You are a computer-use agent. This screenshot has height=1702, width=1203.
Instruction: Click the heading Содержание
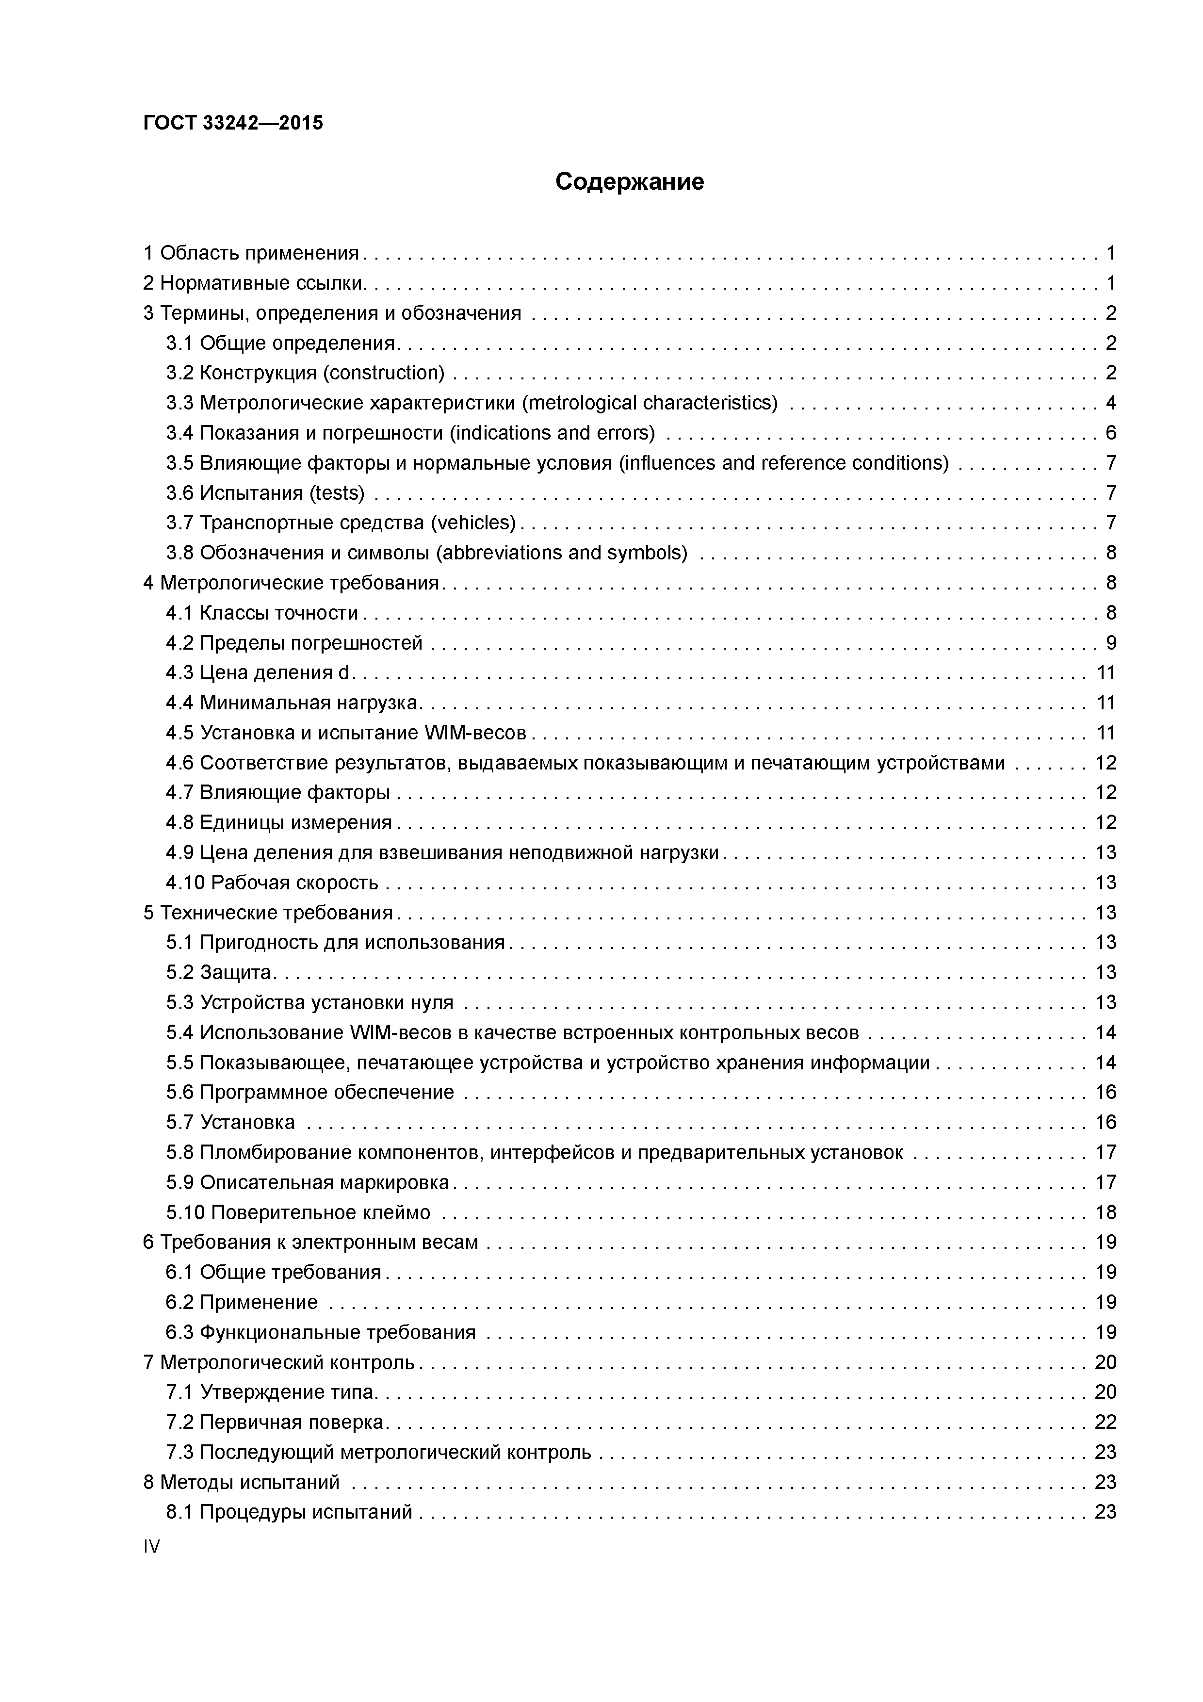click(x=629, y=181)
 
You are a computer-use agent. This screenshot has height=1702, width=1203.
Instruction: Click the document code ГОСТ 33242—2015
click(x=233, y=122)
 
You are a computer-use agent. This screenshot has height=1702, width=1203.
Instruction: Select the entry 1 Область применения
click(x=250, y=254)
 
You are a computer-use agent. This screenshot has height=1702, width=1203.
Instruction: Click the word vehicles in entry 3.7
click(x=473, y=524)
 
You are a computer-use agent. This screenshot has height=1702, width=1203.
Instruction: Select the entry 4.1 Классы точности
click(x=261, y=613)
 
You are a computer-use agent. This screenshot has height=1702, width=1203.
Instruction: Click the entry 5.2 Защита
click(x=219, y=973)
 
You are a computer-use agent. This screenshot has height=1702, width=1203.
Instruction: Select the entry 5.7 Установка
click(x=230, y=1122)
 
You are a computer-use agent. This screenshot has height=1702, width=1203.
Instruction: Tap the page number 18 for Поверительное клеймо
click(x=1105, y=1213)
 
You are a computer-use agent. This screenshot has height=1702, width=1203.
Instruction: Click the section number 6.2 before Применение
click(x=179, y=1302)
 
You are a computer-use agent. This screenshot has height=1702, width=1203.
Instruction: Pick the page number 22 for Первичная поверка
click(x=1105, y=1423)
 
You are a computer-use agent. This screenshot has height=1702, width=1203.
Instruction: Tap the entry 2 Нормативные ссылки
click(x=254, y=283)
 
